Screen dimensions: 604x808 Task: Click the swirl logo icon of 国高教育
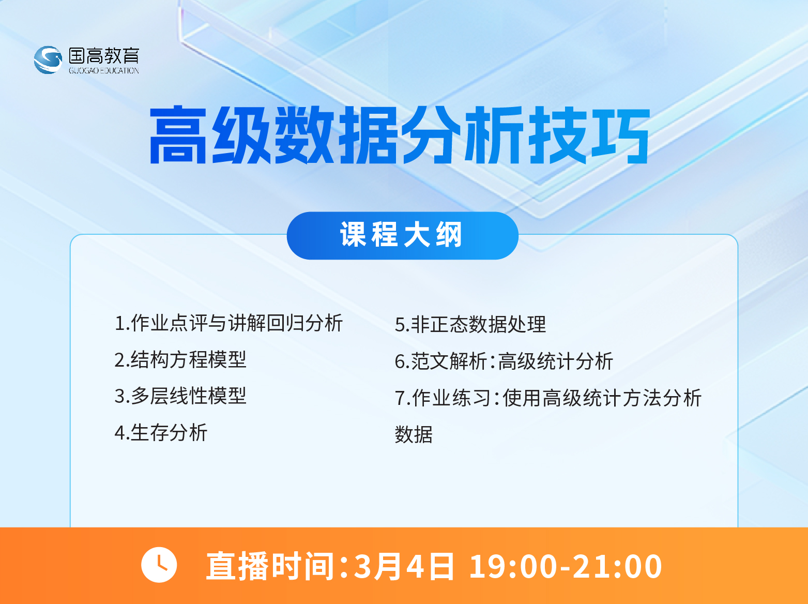click(48, 59)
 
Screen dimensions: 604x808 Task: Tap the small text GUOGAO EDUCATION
click(104, 70)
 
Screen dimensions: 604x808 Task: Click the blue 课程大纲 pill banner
click(402, 235)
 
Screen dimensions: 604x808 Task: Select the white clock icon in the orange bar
click(159, 565)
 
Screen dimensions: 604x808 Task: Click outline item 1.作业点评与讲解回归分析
click(228, 323)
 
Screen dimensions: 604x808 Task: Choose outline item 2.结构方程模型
click(180, 359)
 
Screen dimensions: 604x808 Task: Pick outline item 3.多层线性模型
click(180, 396)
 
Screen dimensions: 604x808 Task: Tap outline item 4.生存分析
click(161, 433)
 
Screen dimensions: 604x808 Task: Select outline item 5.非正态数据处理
click(470, 325)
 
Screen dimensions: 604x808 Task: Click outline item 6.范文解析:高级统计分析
click(504, 361)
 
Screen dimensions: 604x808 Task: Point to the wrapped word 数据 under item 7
click(414, 435)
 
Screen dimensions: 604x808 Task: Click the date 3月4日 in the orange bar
click(404, 566)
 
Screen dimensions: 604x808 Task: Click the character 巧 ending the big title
click(620, 135)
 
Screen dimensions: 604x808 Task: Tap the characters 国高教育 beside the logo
click(104, 55)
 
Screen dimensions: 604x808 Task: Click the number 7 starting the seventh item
click(400, 399)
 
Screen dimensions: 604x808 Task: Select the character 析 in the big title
click(493, 135)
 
